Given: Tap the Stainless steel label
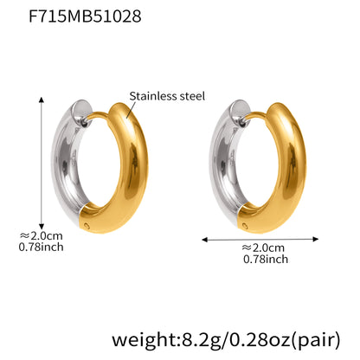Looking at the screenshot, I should [167, 96].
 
